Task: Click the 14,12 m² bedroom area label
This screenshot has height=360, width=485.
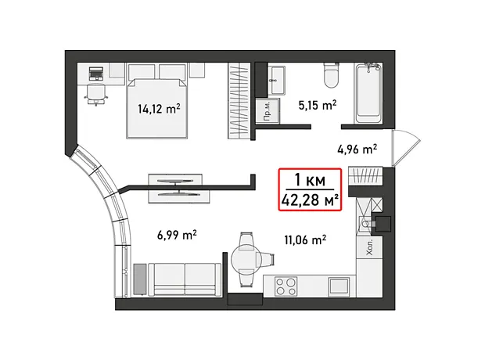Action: [159, 109]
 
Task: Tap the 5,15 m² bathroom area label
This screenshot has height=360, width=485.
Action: [318, 105]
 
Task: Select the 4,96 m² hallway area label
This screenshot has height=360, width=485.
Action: [357, 149]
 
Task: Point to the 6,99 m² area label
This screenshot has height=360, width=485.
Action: [177, 236]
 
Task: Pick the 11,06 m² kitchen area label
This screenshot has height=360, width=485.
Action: [305, 239]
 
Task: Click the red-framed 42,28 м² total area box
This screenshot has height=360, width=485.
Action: [310, 189]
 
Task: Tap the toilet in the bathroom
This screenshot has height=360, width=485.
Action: [331, 74]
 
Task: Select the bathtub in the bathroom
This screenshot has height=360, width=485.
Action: [368, 93]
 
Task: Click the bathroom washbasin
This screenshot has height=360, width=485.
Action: [276, 80]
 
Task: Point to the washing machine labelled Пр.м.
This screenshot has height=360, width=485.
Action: [268, 111]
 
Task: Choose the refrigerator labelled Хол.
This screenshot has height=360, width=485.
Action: [370, 247]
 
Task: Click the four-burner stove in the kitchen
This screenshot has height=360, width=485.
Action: [286, 286]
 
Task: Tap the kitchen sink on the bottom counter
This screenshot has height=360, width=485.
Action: [339, 287]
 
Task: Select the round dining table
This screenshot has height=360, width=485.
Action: [246, 259]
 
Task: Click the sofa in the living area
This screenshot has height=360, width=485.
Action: [185, 280]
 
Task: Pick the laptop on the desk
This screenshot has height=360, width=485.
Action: [95, 74]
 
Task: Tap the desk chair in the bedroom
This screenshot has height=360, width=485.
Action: [96, 94]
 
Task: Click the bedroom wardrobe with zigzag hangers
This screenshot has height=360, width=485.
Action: [239, 101]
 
